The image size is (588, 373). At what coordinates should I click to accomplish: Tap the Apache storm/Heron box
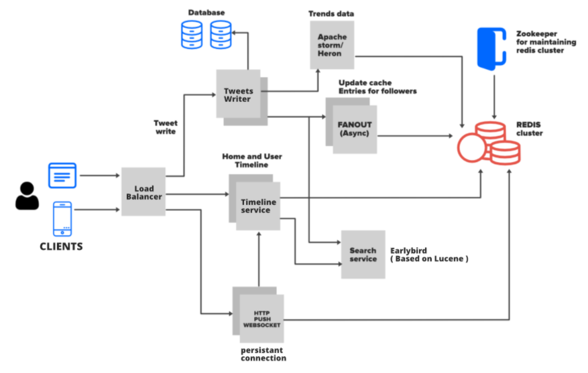pos(331,44)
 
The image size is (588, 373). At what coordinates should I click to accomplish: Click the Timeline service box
pos(256,205)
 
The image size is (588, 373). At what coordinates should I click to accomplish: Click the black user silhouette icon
pos(27,197)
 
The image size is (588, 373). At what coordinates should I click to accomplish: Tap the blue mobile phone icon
pos(62,218)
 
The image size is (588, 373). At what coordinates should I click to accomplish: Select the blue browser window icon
pos(62,175)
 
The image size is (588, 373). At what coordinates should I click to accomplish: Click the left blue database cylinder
pos(192,34)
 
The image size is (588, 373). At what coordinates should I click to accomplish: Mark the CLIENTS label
pos(60,246)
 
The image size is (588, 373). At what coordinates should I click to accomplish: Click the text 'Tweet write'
pos(165,127)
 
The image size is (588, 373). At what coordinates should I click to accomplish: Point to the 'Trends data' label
pos(331,13)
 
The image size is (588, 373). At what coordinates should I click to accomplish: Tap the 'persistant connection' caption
pos(263,354)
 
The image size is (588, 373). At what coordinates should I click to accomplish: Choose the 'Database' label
pos(206,12)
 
